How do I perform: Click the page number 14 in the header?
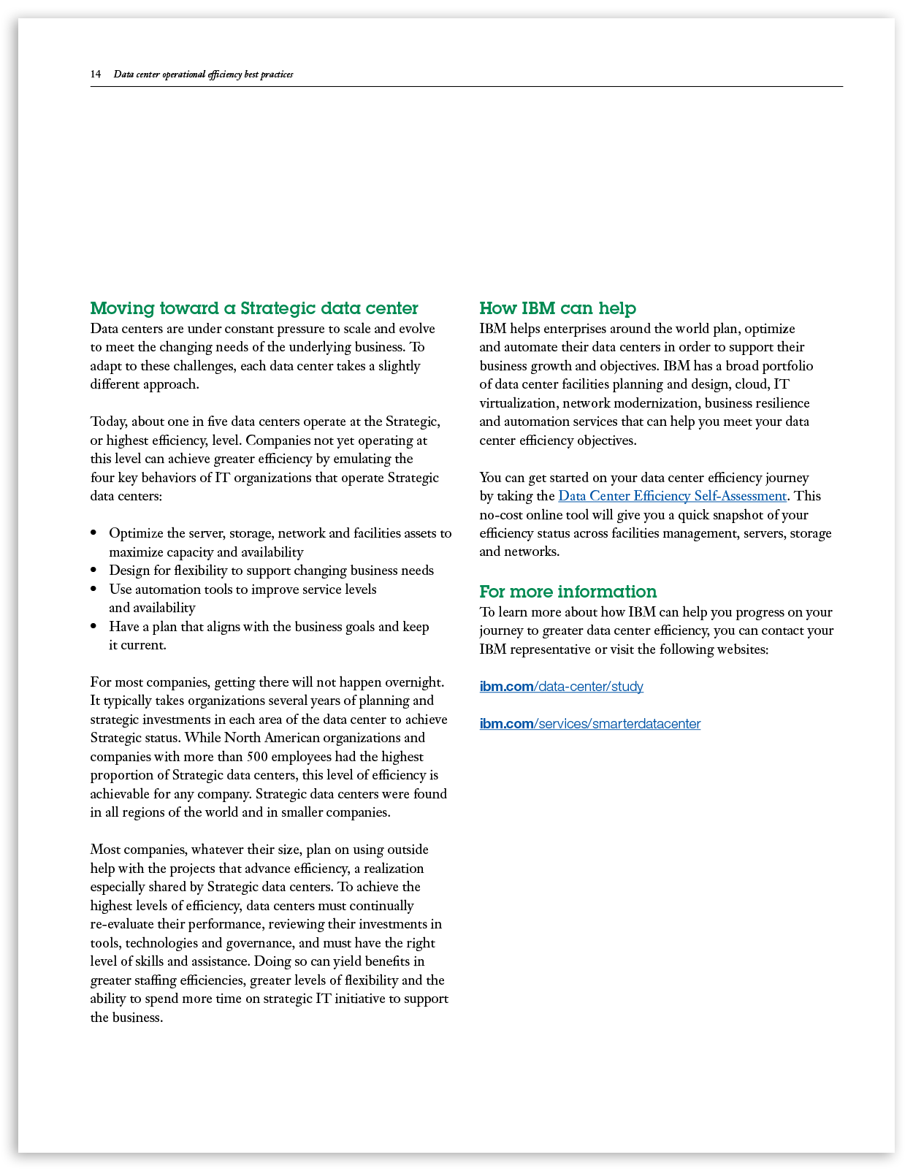click(x=96, y=75)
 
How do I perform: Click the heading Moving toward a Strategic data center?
click(x=254, y=308)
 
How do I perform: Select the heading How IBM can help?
click(x=557, y=308)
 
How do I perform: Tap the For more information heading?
click(x=568, y=592)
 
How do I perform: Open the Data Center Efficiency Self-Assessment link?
click(x=672, y=496)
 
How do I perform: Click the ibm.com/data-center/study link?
click(x=561, y=687)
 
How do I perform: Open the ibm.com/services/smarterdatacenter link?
click(x=589, y=724)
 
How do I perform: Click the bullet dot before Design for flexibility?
click(x=93, y=571)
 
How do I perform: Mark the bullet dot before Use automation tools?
click(x=93, y=590)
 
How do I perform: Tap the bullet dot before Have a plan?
click(x=93, y=627)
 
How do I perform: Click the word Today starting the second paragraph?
click(x=109, y=422)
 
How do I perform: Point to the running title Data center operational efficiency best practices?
click(x=203, y=75)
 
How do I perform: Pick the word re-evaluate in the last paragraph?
click(x=122, y=924)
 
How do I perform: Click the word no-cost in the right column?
click(x=503, y=515)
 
